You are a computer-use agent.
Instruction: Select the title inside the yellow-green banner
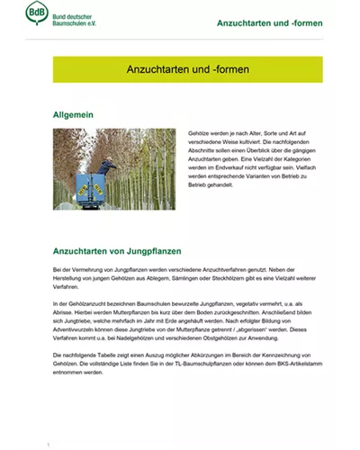[186, 70]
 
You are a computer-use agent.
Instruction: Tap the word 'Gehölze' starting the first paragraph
[201, 132]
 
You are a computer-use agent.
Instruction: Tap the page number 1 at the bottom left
[48, 445]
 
